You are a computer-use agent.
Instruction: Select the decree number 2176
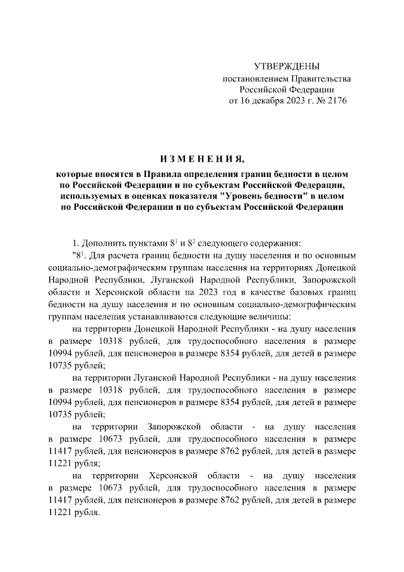point(334,100)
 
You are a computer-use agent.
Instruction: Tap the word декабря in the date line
point(267,100)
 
